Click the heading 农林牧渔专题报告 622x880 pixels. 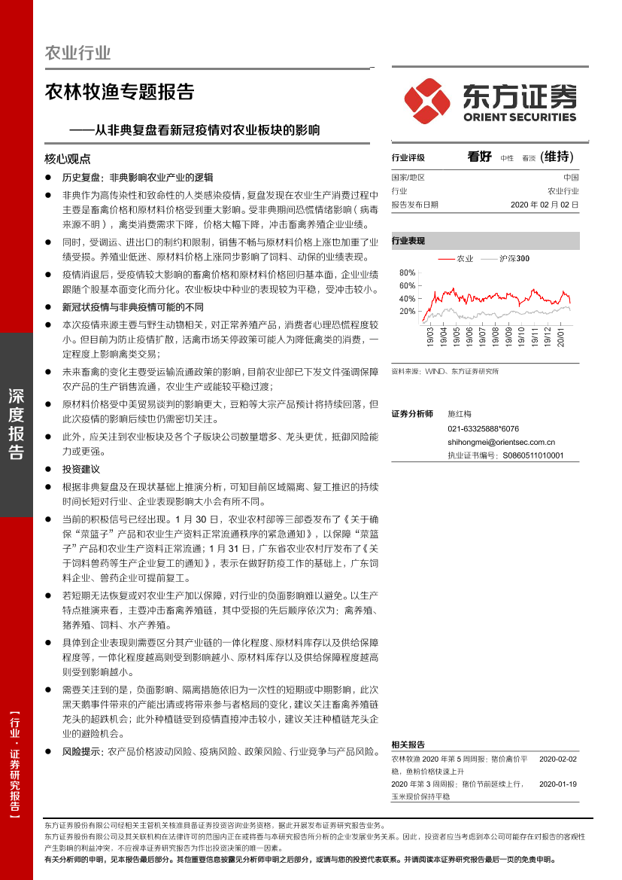(120, 92)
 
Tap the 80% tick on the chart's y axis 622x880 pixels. (407, 273)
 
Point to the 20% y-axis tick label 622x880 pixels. (407, 311)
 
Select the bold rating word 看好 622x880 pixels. (479, 157)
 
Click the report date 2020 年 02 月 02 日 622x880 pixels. (545, 204)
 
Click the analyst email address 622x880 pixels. (501, 443)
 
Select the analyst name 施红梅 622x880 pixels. (459, 414)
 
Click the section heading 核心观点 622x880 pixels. (68, 160)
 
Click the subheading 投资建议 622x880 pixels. (81, 469)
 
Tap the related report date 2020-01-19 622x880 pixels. (558, 784)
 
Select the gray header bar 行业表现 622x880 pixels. (485, 241)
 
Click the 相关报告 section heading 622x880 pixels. (408, 744)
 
